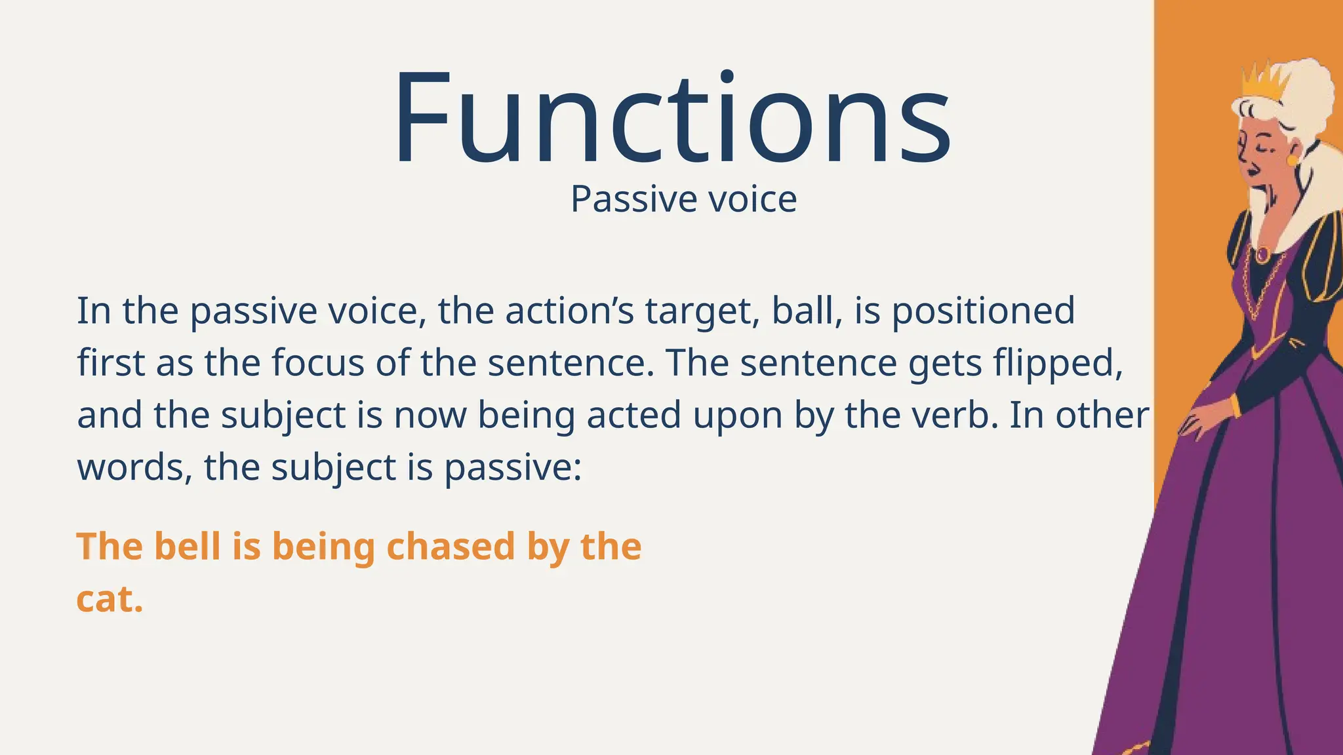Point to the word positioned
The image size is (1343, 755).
983,312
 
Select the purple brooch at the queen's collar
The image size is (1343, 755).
1261,254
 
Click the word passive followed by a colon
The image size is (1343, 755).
511,469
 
